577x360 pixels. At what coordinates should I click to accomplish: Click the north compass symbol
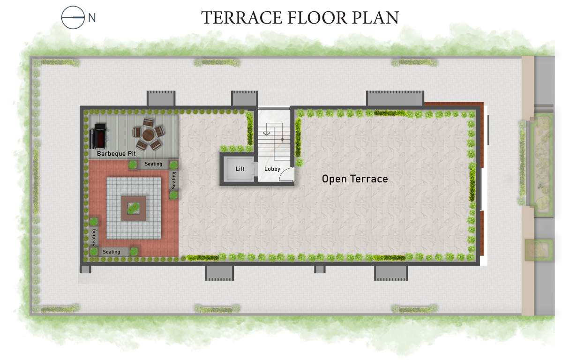pyautogui.click(x=73, y=17)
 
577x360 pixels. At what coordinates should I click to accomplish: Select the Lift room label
pyautogui.click(x=240, y=169)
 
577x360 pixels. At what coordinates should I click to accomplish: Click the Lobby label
pyautogui.click(x=272, y=169)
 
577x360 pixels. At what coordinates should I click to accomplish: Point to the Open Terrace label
pyautogui.click(x=355, y=179)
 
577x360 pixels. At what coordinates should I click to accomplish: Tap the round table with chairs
pyautogui.click(x=149, y=134)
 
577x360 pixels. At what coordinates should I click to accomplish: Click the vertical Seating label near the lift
pyautogui.click(x=174, y=180)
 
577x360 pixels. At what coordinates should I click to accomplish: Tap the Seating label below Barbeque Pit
pyautogui.click(x=153, y=164)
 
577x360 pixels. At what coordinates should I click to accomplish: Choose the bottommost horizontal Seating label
pyautogui.click(x=112, y=252)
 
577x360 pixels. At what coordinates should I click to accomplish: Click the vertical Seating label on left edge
pyautogui.click(x=94, y=238)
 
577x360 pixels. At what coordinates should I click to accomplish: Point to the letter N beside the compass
pyautogui.click(x=92, y=18)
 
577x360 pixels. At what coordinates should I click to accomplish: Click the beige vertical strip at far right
pyautogui.click(x=528, y=185)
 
